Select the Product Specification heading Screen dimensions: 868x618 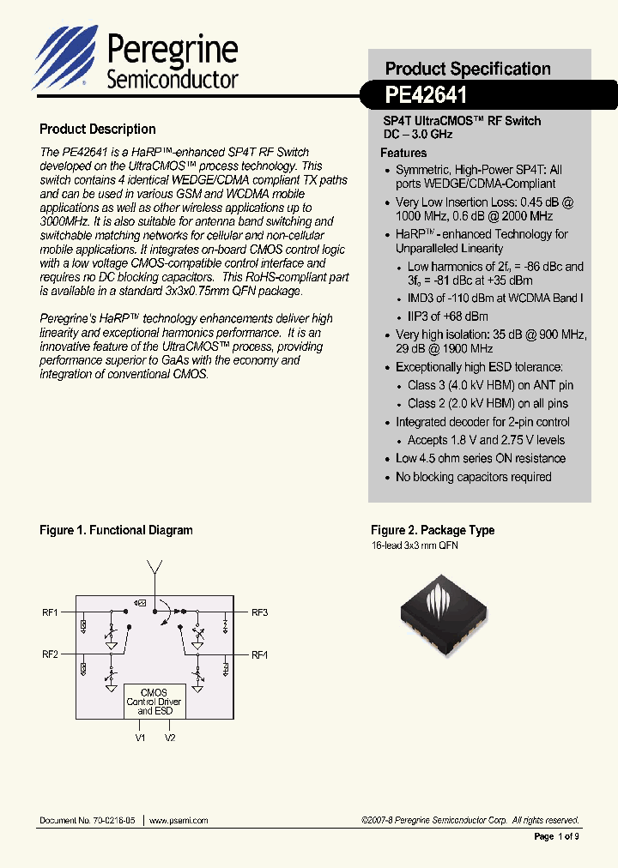pos(468,69)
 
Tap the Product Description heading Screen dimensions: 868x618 pos(98,130)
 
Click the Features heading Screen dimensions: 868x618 pos(403,153)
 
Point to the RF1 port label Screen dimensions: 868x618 pos(50,612)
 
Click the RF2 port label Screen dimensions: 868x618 pos(50,654)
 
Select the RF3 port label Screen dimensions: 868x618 pos(259,612)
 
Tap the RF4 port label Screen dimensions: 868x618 pos(259,654)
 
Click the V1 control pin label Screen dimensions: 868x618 pos(140,738)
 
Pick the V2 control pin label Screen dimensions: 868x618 pos(170,738)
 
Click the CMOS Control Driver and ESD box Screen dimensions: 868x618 pos(154,701)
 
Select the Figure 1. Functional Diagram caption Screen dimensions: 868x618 pos(116,531)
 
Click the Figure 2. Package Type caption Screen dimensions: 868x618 pos(433,531)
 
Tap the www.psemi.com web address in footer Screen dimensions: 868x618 pos(179,821)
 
